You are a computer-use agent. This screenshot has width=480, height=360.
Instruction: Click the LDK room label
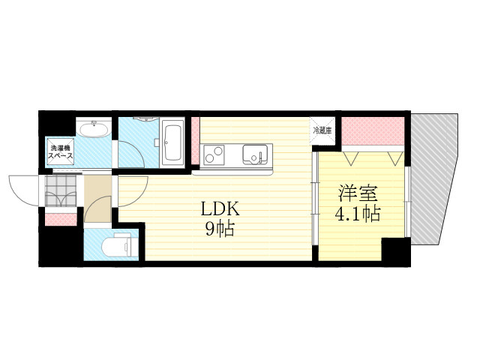click(x=219, y=210)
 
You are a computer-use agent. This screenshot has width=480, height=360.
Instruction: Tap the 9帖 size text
click(x=220, y=229)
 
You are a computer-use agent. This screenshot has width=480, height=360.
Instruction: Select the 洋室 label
click(x=358, y=193)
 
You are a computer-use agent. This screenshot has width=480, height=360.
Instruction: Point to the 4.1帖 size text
click(x=358, y=214)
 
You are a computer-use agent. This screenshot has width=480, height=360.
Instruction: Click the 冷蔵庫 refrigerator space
click(x=322, y=131)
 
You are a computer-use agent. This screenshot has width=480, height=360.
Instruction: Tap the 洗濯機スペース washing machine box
click(x=60, y=152)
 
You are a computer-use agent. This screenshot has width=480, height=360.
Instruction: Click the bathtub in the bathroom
click(x=172, y=142)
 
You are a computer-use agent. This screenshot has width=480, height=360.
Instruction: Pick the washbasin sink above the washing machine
click(x=94, y=128)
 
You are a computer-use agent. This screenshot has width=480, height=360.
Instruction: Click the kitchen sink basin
click(x=255, y=154)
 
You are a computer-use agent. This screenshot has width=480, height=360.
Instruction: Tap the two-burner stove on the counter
click(x=214, y=154)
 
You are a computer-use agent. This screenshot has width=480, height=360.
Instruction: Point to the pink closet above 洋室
click(x=373, y=131)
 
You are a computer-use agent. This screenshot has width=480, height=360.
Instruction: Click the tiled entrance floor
click(x=60, y=190)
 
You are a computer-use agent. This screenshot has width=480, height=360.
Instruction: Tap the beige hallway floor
click(x=97, y=199)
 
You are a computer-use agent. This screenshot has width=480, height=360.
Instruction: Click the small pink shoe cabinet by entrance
click(x=61, y=220)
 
